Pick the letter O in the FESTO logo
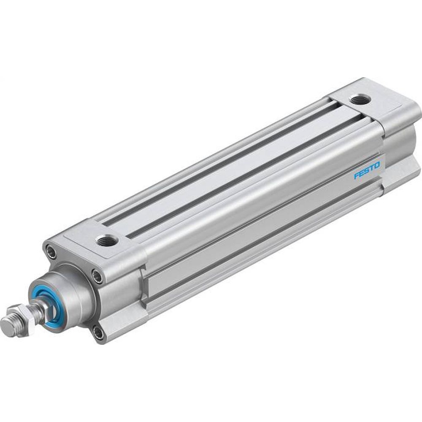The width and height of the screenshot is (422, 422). (x=377, y=164)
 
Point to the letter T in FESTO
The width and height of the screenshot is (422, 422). (x=371, y=168)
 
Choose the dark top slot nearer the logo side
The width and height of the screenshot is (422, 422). (x=236, y=177)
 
